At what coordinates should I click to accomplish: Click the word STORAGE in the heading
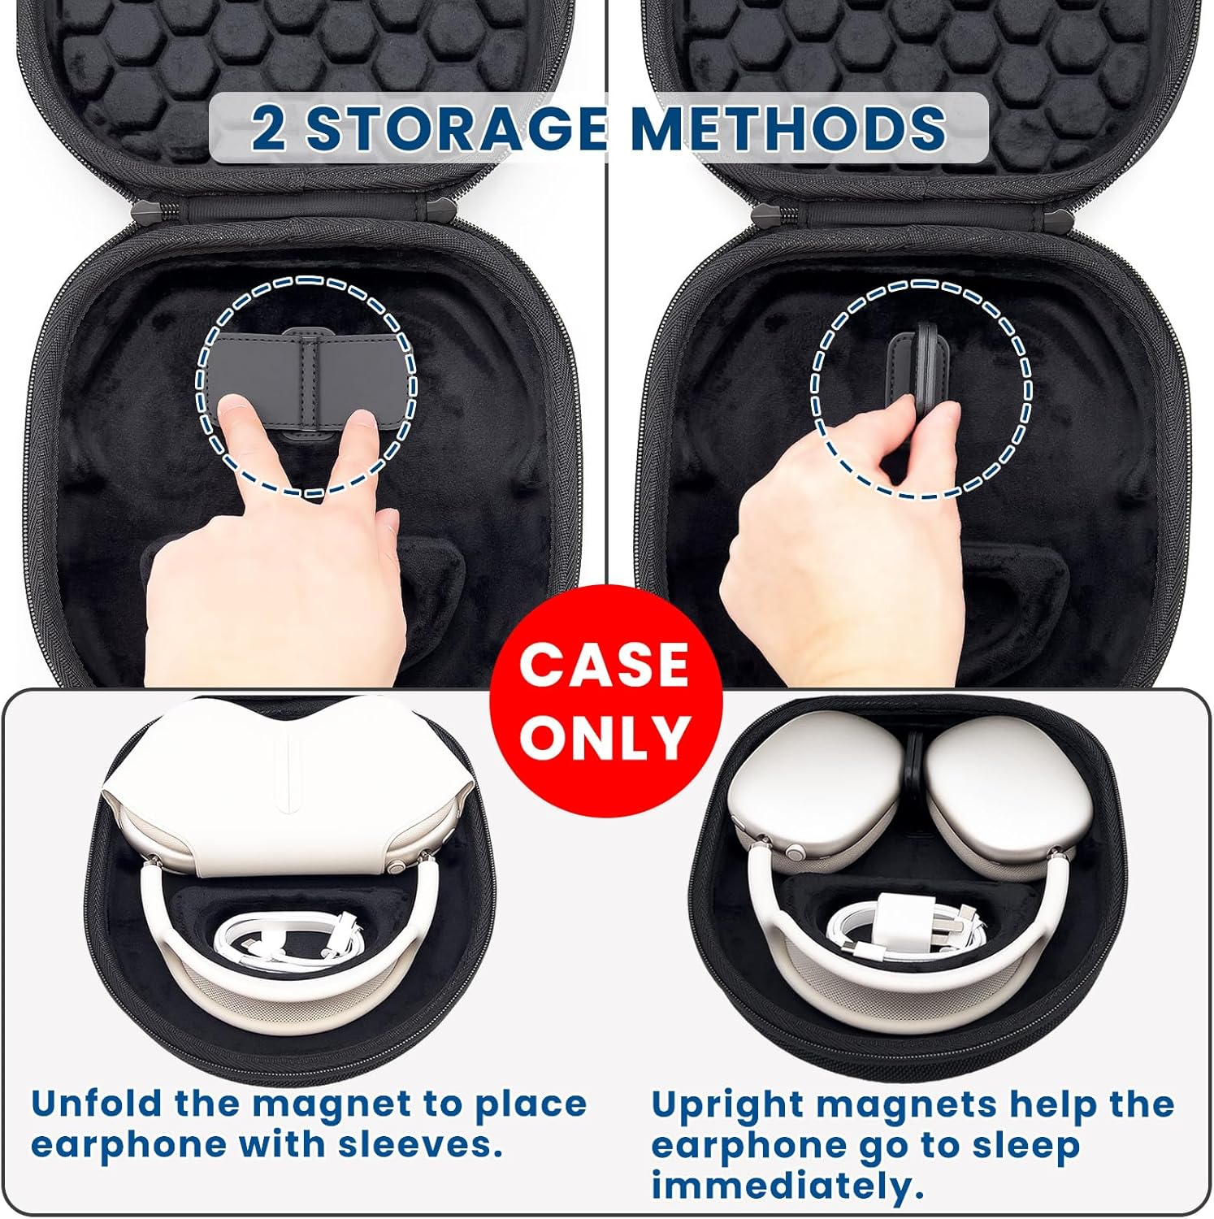point(456,128)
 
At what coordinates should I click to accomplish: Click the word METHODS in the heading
point(788,128)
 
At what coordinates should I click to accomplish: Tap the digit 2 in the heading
point(269,128)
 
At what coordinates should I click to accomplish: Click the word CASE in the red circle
point(605,664)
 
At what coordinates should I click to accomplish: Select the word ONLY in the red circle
point(605,737)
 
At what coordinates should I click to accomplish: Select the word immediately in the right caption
point(787,1186)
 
